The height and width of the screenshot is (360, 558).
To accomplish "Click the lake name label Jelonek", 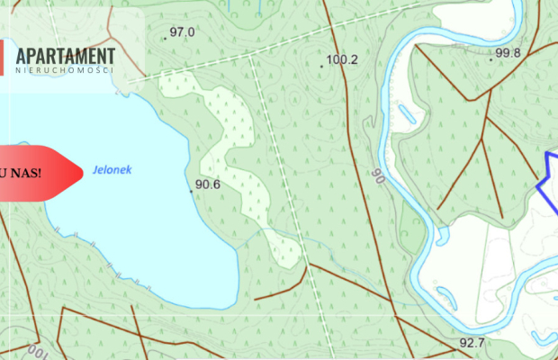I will [112, 168].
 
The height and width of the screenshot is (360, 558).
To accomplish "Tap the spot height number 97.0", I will [183, 32].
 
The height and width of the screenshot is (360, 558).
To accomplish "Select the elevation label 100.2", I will [343, 60].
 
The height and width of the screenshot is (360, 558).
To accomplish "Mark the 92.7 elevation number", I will [472, 343].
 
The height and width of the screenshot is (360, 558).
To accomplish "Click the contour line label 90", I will [378, 175].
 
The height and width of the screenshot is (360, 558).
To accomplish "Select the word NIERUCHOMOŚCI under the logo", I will [64, 70].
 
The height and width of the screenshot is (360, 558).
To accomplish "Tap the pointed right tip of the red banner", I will [82, 171].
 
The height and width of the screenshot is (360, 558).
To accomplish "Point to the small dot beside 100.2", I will [322, 66].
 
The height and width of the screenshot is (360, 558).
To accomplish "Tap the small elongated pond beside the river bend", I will [406, 116].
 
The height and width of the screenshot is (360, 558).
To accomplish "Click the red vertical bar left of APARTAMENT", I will [2, 57].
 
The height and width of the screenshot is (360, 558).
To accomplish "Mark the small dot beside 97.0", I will [166, 38].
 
